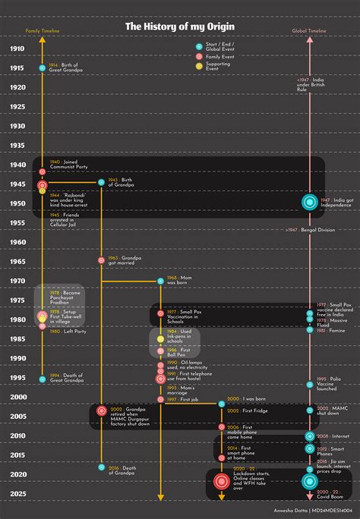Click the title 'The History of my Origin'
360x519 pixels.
(180, 27)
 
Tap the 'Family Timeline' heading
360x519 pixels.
(42, 31)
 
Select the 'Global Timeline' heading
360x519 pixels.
(309, 31)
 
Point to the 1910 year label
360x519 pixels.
(17, 49)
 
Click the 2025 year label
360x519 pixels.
(17, 494)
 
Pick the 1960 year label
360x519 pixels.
(17, 242)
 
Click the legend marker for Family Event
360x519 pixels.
(199, 56)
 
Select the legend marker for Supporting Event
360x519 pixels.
(199, 66)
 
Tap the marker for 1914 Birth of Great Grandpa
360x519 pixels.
(43, 68)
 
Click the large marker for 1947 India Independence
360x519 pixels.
(309, 202)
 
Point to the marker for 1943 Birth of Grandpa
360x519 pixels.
(101, 182)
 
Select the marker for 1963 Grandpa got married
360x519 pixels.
(101, 260)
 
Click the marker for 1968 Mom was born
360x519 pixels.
(160, 281)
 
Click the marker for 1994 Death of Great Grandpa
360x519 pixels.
(43, 378)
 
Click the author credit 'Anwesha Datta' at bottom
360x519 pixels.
(291, 511)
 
